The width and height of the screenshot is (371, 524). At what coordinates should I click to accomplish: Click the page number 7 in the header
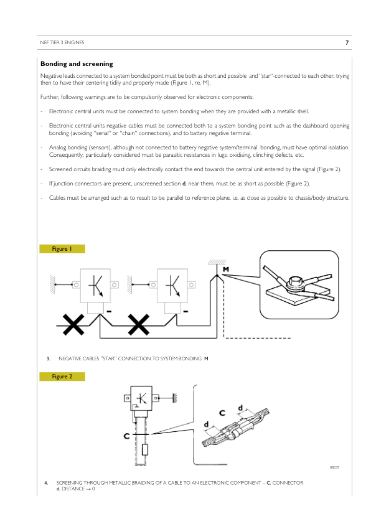click(x=347, y=42)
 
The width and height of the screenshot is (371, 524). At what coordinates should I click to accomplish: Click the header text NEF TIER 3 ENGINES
click(x=62, y=42)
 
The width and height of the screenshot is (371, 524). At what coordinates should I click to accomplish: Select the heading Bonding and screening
click(x=77, y=64)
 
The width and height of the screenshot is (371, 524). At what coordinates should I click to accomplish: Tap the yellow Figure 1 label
click(x=62, y=249)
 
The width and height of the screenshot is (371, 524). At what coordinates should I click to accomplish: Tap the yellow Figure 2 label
click(x=62, y=377)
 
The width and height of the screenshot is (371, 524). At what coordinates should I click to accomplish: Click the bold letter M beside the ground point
click(x=226, y=269)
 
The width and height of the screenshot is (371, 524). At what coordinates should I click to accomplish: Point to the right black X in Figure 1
click(x=139, y=324)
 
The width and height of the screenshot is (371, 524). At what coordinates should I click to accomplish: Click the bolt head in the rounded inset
click(x=296, y=282)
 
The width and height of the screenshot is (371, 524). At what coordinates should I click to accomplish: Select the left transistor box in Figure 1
click(x=95, y=286)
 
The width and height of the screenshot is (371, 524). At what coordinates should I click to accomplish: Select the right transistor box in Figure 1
click(x=172, y=286)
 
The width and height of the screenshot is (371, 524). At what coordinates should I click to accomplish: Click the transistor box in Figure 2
click(x=141, y=398)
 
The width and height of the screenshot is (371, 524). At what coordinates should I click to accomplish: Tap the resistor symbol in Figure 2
click(x=144, y=450)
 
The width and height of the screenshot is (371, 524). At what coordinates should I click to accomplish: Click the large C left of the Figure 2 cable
click(x=126, y=436)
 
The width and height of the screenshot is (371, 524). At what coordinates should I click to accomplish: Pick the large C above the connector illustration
click(x=222, y=413)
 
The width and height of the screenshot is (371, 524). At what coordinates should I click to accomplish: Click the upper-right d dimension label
click(x=240, y=408)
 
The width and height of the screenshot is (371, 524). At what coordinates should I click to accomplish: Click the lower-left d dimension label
click(x=206, y=424)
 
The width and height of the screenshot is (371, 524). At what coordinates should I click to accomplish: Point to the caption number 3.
click(x=48, y=358)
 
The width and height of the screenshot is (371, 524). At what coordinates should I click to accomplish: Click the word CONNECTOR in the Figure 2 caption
click(x=288, y=483)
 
